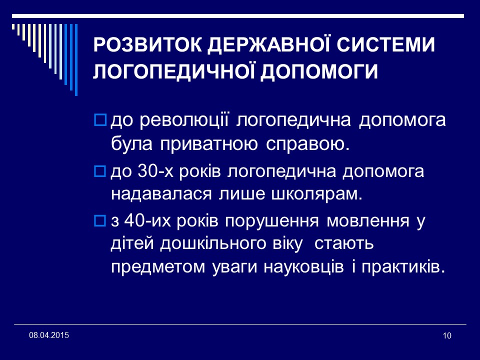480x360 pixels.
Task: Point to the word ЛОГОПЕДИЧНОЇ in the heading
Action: click(x=175, y=71)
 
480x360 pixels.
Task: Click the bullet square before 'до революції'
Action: click(x=100, y=120)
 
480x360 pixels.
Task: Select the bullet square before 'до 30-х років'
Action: click(x=100, y=171)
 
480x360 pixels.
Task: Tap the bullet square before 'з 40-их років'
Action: click(x=100, y=220)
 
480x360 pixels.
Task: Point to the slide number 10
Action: click(x=447, y=335)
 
